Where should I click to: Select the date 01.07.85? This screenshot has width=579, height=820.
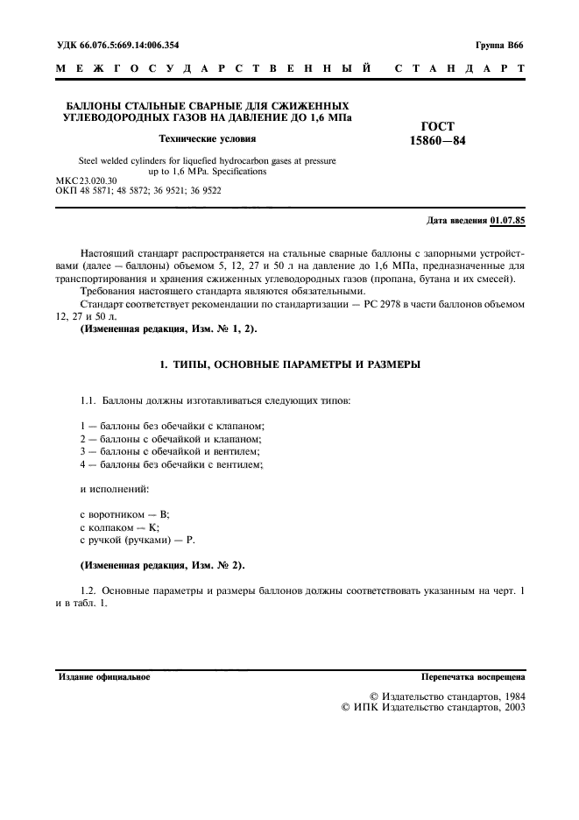tap(508, 220)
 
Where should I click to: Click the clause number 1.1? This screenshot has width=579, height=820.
tap(89, 375)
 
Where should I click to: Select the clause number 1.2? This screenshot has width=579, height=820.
tap(89, 590)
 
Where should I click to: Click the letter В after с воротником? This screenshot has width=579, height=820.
tap(165, 516)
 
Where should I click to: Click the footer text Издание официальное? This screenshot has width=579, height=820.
tap(104, 677)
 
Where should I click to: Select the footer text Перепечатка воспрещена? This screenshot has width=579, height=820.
tap(472, 677)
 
